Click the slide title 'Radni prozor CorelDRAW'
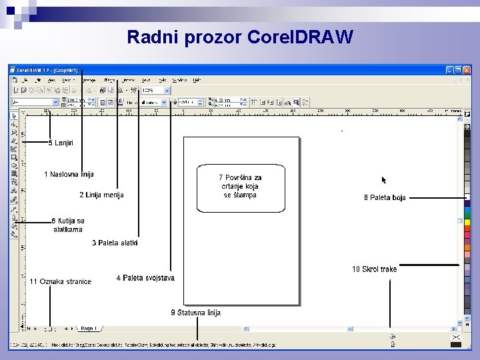click(239, 37)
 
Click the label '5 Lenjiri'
click(61, 143)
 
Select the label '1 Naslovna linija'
click(69, 175)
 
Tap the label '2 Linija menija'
click(101, 195)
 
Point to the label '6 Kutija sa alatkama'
click(68, 225)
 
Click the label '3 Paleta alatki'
click(115, 243)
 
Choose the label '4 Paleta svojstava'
click(145, 278)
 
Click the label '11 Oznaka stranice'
click(60, 281)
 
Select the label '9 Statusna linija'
click(195, 313)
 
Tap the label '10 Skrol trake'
click(374, 269)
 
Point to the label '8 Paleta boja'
click(385, 197)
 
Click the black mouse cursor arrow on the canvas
click(383, 180)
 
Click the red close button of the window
click(467, 70)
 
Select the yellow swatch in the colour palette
click(467, 221)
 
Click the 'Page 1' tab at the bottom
click(89, 329)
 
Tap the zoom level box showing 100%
click(155, 90)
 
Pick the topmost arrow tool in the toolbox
click(14, 116)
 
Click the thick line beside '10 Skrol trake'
click(429, 265)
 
